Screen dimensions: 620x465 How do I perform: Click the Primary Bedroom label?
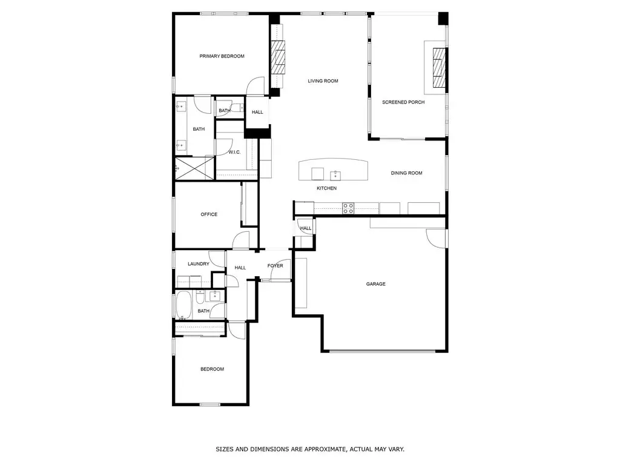click(x=222, y=56)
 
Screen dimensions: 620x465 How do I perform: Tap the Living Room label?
click(x=323, y=81)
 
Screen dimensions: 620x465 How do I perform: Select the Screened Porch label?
click(x=403, y=102)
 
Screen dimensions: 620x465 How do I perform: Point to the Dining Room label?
click(x=406, y=173)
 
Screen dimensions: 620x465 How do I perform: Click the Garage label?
click(x=375, y=284)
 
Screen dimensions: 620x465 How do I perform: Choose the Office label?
click(x=209, y=214)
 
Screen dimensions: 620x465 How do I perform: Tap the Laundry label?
click(x=199, y=264)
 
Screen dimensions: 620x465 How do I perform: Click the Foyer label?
click(x=275, y=266)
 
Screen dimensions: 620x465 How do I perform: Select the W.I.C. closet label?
click(x=234, y=152)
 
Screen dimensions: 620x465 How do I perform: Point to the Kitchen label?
click(x=326, y=188)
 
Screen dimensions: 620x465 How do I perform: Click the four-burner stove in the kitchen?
click(x=348, y=208)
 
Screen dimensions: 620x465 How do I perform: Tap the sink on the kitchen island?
click(x=335, y=175)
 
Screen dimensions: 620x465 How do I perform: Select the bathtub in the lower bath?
click(x=183, y=305)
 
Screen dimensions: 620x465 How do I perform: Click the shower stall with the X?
click(x=194, y=168)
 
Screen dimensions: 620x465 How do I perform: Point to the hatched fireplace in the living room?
click(x=278, y=57)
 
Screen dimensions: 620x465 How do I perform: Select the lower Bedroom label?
click(x=213, y=369)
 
